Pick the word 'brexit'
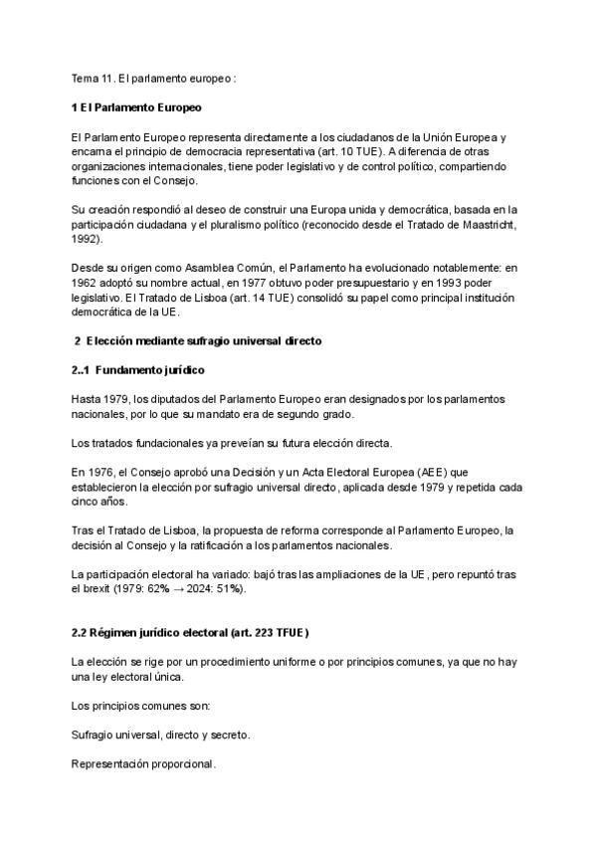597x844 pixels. tap(102, 589)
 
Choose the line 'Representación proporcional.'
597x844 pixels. tap(143, 764)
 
